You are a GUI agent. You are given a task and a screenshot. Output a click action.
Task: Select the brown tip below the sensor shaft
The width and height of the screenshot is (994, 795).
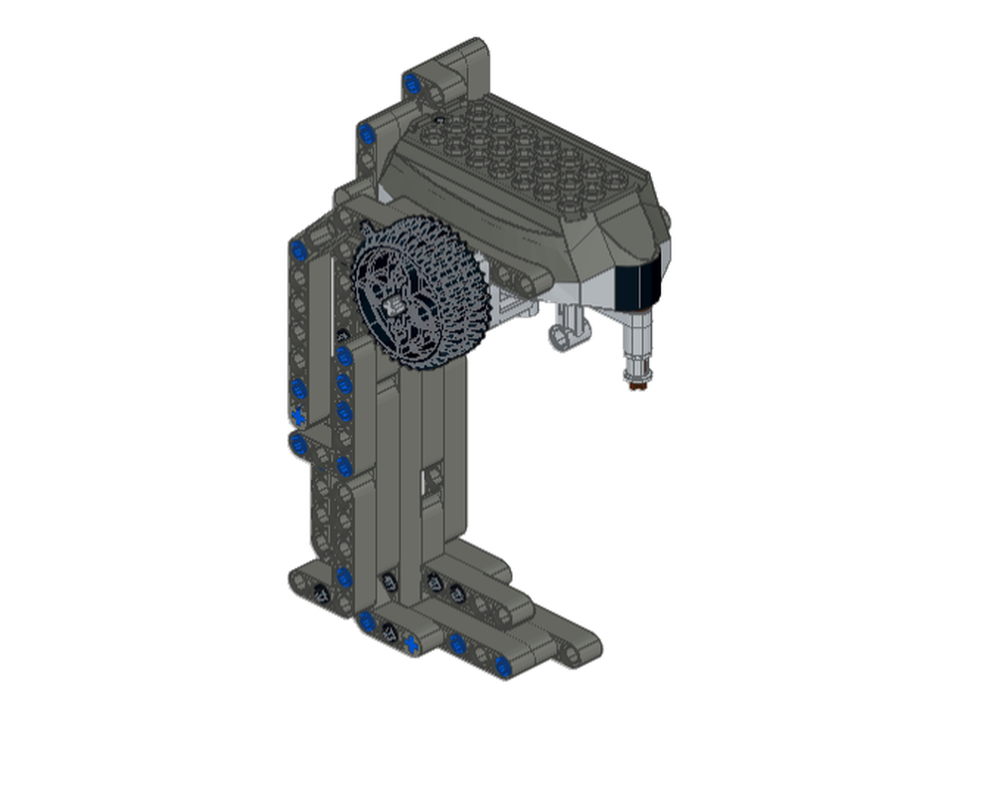pos(635,382)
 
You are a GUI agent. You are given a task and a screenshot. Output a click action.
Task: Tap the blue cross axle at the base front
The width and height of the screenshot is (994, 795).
pos(411,647)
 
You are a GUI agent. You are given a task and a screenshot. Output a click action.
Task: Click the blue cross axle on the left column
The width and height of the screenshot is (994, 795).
pos(297,417)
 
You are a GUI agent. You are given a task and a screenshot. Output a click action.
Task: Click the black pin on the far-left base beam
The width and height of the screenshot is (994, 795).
pos(321,593)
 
